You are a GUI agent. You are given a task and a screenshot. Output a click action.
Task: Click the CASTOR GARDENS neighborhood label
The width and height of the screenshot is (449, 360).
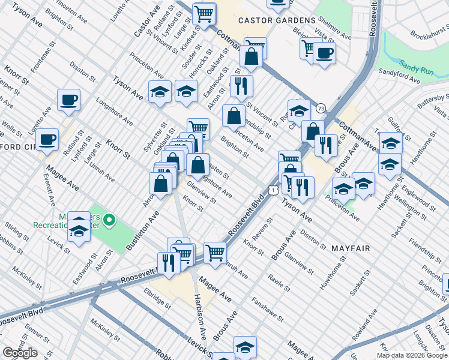[x=277, y=20]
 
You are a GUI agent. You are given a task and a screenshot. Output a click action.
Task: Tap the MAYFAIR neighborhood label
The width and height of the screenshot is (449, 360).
[x=349, y=247]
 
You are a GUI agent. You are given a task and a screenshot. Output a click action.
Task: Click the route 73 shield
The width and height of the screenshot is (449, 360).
[x=321, y=107]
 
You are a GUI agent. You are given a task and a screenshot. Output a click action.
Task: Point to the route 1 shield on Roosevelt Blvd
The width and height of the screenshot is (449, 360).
[x=273, y=190]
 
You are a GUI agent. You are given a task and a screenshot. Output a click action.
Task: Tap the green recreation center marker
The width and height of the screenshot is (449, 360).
[x=109, y=221]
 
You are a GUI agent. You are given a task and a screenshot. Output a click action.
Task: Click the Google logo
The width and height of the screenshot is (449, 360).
[x=20, y=353]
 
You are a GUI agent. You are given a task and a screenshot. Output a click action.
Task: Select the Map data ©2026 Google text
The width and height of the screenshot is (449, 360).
[x=412, y=355]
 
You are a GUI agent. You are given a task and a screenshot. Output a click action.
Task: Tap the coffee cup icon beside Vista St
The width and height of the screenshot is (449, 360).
[x=325, y=52]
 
